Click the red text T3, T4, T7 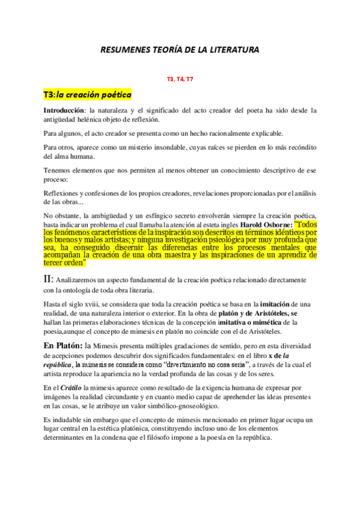(180, 79)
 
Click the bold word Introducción (64, 110)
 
